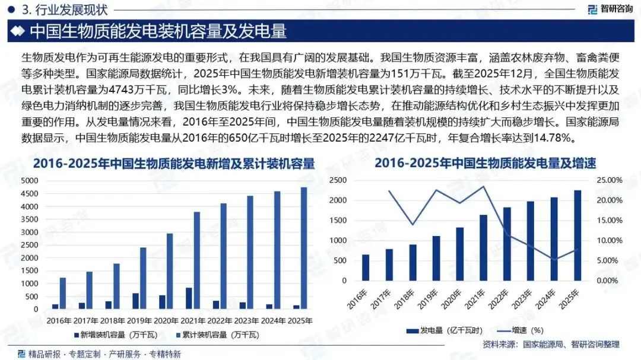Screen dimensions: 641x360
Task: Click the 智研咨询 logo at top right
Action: pyautogui.click(x=610, y=8)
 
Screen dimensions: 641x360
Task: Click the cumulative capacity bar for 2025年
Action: pyautogui.click(x=304, y=248)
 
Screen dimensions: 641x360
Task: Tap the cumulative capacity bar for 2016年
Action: pyautogui.click(x=63, y=294)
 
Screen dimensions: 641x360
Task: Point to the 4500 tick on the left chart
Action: pyautogui.click(x=30, y=194)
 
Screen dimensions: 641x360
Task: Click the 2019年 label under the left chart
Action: pyautogui.click(x=139, y=321)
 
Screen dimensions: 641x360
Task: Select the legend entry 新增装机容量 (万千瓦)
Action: pyautogui.click(x=116, y=335)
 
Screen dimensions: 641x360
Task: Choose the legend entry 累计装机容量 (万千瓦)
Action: pyautogui.click(x=217, y=335)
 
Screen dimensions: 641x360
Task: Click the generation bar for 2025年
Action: pyautogui.click(x=577, y=235)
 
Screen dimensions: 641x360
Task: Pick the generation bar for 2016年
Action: pyautogui.click(x=366, y=267)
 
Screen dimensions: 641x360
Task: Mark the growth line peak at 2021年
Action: pyautogui.click(x=484, y=187)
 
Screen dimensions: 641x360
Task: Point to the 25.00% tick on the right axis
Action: pyautogui.click(x=610, y=180)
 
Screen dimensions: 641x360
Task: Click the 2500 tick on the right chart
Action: pyautogui.click(x=338, y=180)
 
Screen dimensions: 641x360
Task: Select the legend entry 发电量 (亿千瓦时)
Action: pyautogui.click(x=445, y=330)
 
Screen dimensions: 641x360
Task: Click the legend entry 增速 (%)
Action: pyautogui.click(x=520, y=330)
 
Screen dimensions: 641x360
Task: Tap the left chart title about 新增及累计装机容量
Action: pyautogui.click(x=174, y=164)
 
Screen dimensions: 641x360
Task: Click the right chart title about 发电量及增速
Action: pyautogui.click(x=485, y=164)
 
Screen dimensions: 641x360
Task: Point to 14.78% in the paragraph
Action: pyautogui.click(x=553, y=138)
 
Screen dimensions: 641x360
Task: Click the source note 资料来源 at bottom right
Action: pyautogui.click(x=551, y=345)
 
